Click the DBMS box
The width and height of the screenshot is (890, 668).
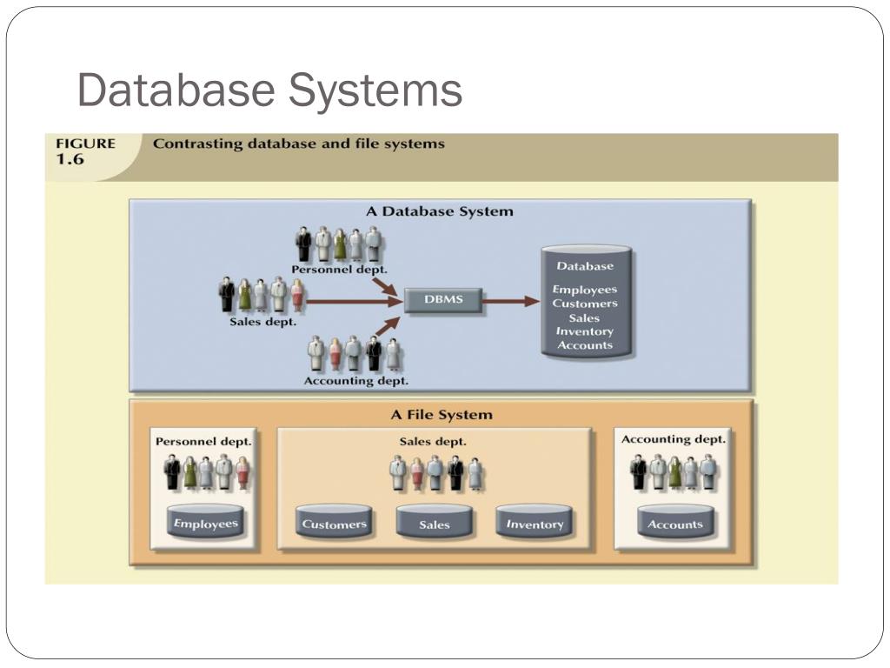click(443, 300)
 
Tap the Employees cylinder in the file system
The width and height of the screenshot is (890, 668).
click(206, 522)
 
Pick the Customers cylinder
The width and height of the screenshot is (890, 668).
click(335, 522)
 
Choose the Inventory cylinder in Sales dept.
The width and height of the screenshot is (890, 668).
click(535, 522)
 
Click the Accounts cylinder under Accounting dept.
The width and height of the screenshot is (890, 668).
click(675, 522)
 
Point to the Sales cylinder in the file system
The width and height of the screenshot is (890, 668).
click(435, 522)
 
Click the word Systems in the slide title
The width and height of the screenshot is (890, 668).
click(375, 90)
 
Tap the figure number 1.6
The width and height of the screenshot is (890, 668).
click(70, 160)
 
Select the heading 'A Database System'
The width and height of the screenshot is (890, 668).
click(440, 211)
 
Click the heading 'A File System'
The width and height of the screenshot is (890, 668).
click(442, 415)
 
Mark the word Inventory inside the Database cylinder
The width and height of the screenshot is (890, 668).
click(585, 331)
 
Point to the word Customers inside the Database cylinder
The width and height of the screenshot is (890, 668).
click(585, 304)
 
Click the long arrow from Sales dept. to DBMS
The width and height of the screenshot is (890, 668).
click(355, 301)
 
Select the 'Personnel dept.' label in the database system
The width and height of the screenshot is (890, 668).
click(340, 270)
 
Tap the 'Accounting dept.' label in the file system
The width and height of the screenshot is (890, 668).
click(674, 439)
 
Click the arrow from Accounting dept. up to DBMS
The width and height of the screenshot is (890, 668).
click(387, 326)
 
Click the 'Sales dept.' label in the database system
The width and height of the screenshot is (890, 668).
click(262, 322)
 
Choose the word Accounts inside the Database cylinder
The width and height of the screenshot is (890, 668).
click(585, 345)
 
